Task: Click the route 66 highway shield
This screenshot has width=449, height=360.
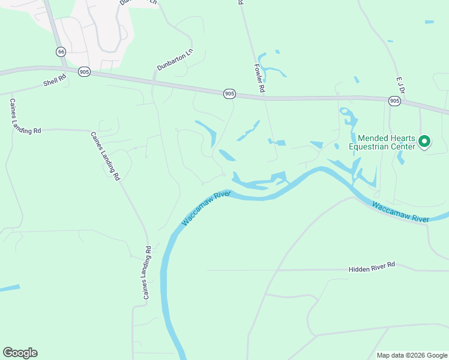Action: tap(61, 52)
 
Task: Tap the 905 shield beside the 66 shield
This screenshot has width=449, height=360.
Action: tap(84, 72)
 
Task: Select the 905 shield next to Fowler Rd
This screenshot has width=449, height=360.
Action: tap(229, 94)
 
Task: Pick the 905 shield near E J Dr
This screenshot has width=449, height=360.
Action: tap(394, 101)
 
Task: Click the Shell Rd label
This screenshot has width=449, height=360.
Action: tap(53, 82)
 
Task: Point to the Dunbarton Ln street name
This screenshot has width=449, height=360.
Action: tap(175, 60)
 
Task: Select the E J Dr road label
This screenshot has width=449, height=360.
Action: tap(401, 85)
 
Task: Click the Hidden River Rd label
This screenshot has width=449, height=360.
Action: tap(372, 265)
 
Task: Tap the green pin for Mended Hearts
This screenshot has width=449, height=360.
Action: tap(424, 142)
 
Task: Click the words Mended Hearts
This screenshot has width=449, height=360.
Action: tap(386, 138)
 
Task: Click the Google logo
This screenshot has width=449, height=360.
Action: tap(20, 353)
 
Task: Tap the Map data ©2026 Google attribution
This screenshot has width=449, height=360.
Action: tap(412, 355)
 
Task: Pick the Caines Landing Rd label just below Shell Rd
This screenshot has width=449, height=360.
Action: tap(24, 116)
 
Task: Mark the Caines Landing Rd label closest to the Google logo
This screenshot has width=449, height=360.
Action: tap(146, 273)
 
